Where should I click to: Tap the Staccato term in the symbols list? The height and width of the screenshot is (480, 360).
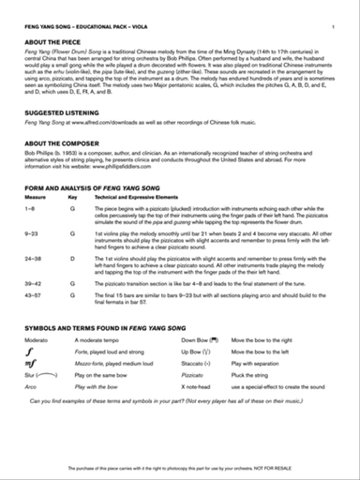(x=196, y=384)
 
